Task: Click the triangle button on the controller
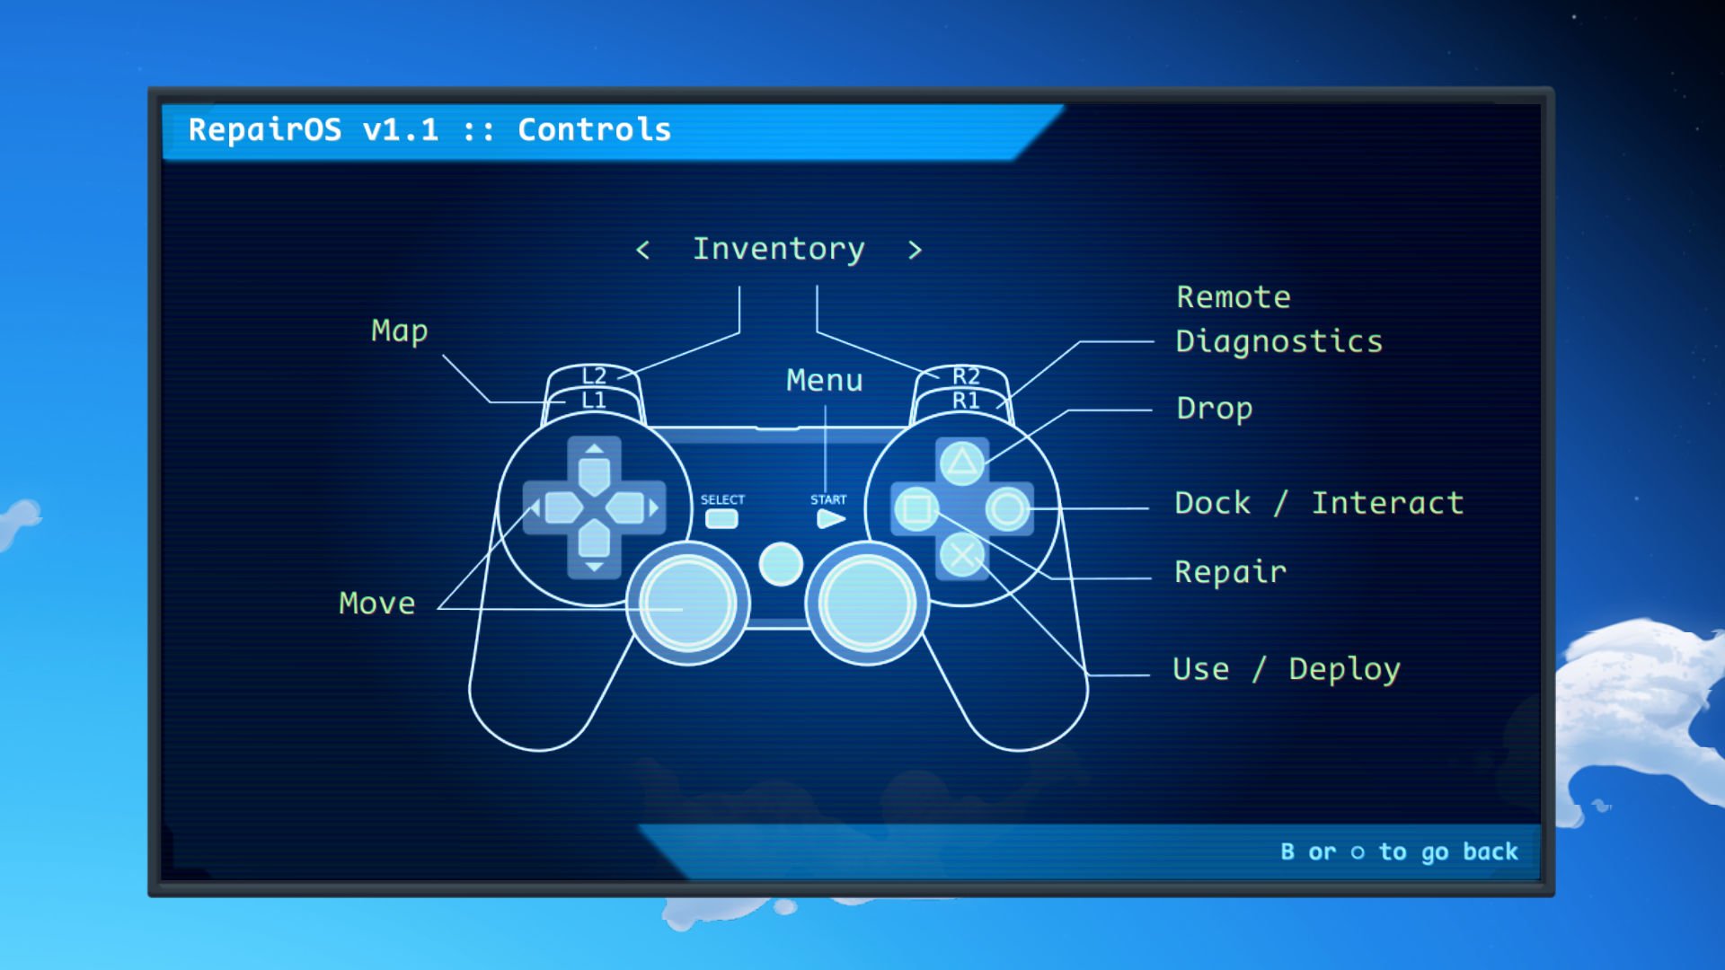(x=962, y=463)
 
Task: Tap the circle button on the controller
(x=1008, y=509)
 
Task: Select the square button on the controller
(x=916, y=509)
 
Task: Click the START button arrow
(x=831, y=519)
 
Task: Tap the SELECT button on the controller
(x=721, y=519)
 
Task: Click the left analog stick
(x=688, y=603)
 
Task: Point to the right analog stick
(x=868, y=603)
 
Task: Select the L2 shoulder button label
(x=594, y=375)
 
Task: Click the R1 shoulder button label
(x=966, y=400)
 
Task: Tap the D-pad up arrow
(x=594, y=448)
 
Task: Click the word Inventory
(x=779, y=249)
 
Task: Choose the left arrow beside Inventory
(x=642, y=250)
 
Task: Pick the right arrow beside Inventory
(x=915, y=250)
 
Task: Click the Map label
(x=400, y=331)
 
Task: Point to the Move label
(x=377, y=603)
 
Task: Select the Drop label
(x=1215, y=409)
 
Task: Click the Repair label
(x=1231, y=572)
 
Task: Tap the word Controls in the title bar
(x=595, y=130)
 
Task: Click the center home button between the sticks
(x=781, y=564)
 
